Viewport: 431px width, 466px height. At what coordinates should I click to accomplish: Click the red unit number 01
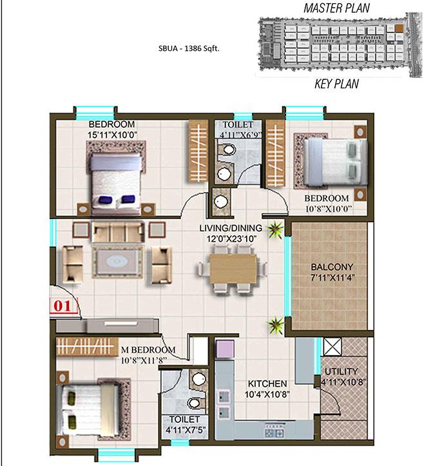click(x=62, y=306)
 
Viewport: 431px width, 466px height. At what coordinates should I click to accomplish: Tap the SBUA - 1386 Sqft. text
click(x=189, y=48)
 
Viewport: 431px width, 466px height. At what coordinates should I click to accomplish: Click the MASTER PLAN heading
click(x=336, y=8)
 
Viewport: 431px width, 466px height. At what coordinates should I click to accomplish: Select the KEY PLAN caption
click(x=336, y=84)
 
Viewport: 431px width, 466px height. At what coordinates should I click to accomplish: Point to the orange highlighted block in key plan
click(x=399, y=28)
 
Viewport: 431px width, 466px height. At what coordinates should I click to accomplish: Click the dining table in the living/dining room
click(x=233, y=269)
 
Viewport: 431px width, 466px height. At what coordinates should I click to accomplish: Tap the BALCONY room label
click(x=332, y=267)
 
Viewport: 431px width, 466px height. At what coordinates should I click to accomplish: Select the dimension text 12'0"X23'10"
click(x=231, y=238)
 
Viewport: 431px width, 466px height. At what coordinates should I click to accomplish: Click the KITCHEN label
click(x=267, y=383)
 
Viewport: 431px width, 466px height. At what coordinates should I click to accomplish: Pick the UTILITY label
click(x=341, y=371)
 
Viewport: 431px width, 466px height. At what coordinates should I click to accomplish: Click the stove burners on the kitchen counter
click(x=275, y=433)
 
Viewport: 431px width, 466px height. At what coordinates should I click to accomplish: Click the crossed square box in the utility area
click(x=332, y=347)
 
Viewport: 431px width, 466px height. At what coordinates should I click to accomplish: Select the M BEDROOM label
click(x=148, y=350)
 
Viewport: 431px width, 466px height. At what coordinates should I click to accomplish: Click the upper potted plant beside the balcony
click(x=275, y=229)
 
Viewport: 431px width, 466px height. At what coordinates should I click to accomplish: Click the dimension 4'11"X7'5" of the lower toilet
click(x=185, y=430)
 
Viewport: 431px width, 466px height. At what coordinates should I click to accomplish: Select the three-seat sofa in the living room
click(x=119, y=232)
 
